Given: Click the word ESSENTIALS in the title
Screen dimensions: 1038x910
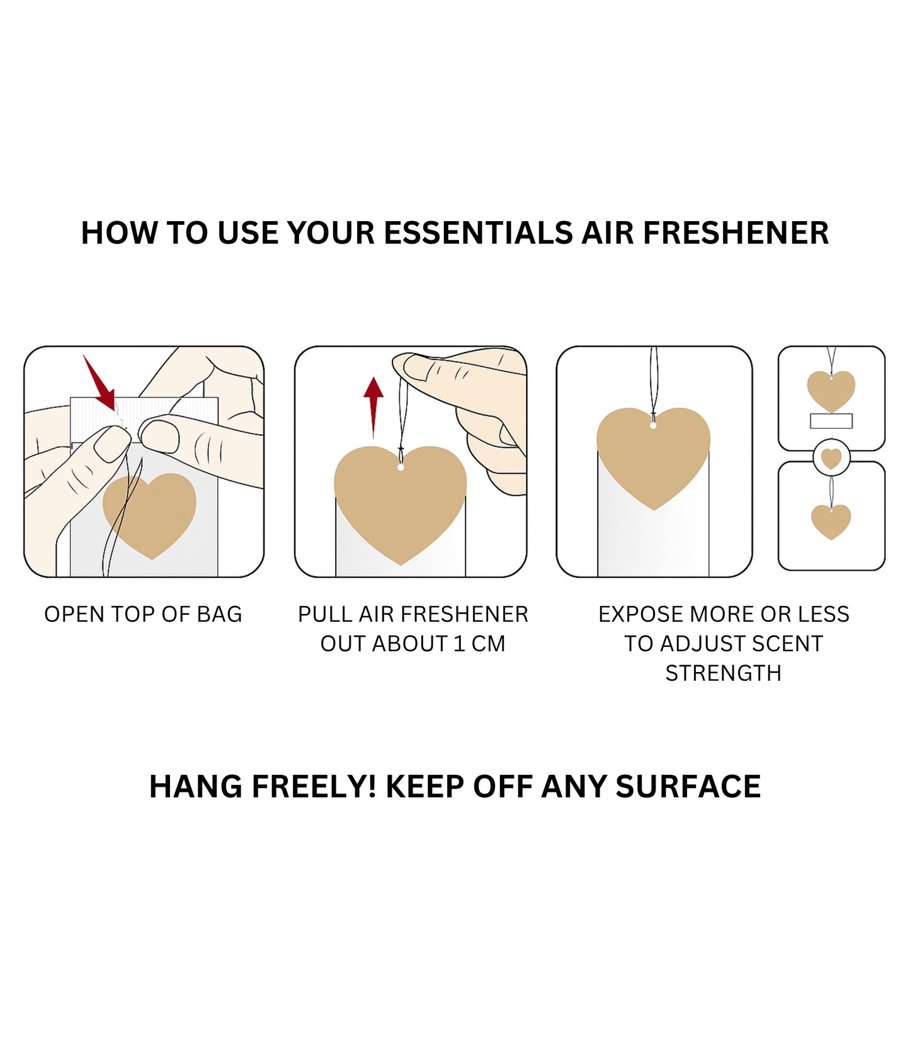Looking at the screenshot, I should click(477, 233).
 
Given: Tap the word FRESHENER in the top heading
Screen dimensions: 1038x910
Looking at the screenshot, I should click(735, 233).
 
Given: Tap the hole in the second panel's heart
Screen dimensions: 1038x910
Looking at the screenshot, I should click(401, 467).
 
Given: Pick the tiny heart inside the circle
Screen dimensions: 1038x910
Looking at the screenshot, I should click(831, 458).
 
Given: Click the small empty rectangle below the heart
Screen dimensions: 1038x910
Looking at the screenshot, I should click(831, 421).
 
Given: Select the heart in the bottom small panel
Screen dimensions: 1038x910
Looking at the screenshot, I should click(831, 520).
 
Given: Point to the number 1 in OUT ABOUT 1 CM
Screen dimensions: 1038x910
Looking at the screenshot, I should click(459, 644).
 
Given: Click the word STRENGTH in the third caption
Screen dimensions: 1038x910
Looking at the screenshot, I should click(723, 673).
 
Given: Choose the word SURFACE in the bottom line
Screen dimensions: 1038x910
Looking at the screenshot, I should click(688, 786).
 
